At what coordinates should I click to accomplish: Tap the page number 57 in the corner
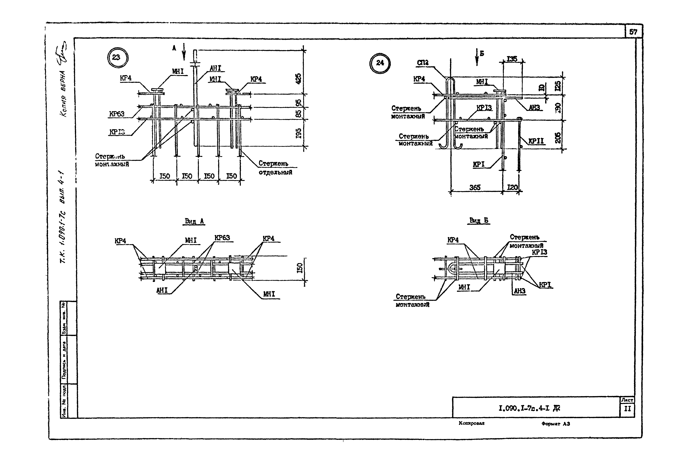click(x=633, y=32)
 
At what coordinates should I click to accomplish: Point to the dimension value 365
click(x=475, y=188)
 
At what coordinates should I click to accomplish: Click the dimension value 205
click(x=557, y=138)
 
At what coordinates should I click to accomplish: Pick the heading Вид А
click(x=194, y=221)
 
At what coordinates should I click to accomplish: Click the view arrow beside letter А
click(x=184, y=52)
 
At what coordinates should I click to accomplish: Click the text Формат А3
click(x=556, y=424)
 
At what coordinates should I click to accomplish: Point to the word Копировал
click(x=471, y=423)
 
